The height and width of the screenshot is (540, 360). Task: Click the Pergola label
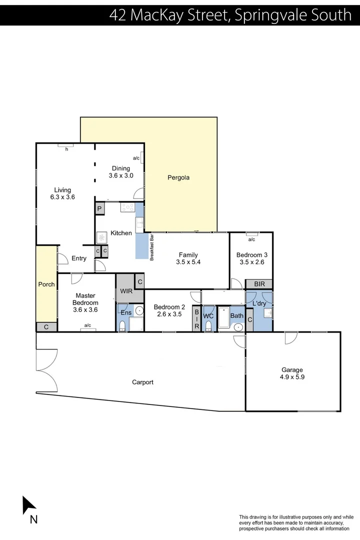point(178,177)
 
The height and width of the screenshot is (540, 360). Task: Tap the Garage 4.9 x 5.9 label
point(292,373)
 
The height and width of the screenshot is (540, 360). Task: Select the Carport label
point(142,382)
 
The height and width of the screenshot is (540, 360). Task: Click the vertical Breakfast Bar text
point(151,247)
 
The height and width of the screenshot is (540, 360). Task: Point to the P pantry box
point(99,209)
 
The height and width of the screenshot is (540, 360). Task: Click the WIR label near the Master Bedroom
point(125,291)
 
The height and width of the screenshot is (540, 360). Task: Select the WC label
point(208,316)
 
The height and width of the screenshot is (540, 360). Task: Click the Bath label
point(236,316)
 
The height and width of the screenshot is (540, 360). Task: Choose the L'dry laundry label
point(259,303)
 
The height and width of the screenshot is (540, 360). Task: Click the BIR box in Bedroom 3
point(259,284)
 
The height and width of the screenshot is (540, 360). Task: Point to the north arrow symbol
point(28,505)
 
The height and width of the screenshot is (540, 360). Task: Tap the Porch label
point(46,284)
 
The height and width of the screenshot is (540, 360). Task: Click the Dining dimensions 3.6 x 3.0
point(121,175)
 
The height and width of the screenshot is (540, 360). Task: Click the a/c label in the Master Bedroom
point(87,325)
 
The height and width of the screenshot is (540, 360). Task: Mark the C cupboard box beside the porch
point(46,327)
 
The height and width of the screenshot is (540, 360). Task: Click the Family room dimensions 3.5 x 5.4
point(188,262)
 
